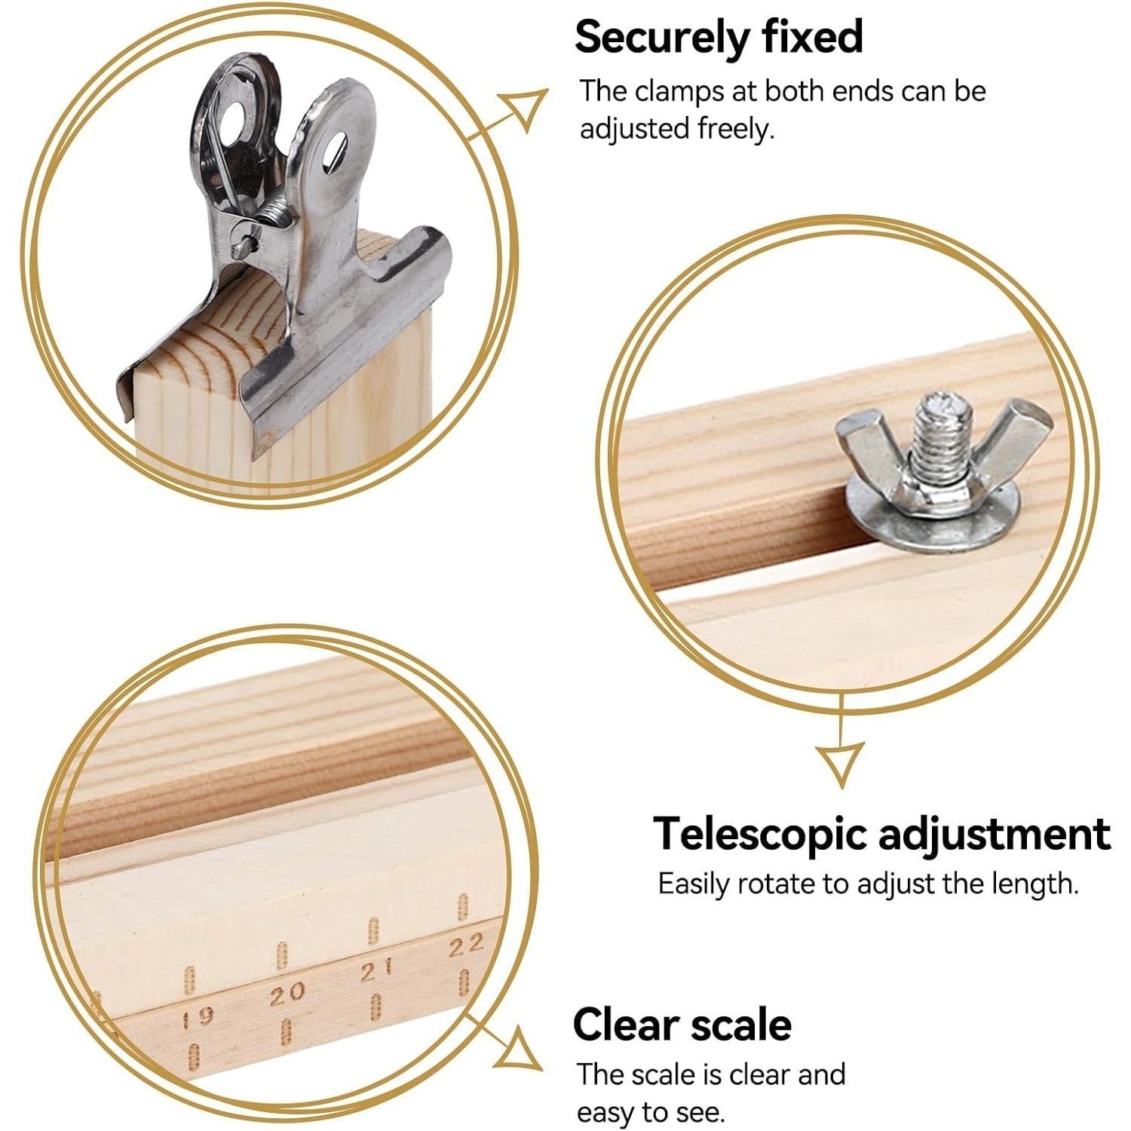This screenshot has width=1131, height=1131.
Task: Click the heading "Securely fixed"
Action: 719,38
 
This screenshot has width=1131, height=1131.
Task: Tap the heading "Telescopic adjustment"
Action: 881,835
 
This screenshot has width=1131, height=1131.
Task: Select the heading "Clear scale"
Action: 682,1025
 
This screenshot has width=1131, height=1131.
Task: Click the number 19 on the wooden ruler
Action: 200,1019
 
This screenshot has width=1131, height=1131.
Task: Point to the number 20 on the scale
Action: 287,994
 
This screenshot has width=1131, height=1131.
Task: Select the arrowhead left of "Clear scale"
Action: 520,1048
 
